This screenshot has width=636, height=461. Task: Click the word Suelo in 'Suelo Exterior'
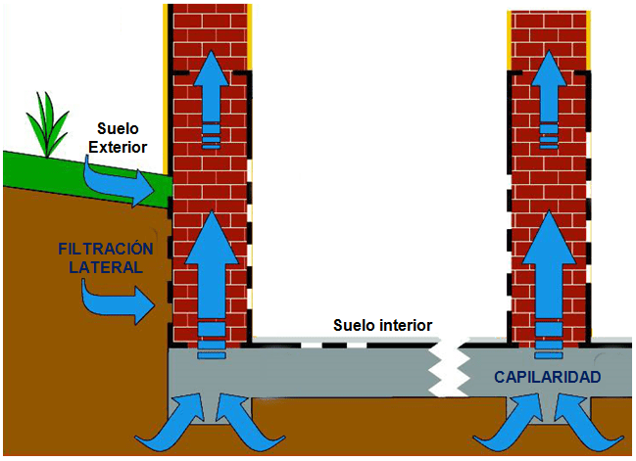(x=118, y=129)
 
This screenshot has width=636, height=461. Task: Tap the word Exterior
(x=118, y=147)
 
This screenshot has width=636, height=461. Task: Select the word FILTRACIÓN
(x=106, y=249)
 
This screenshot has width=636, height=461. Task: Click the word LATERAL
(x=106, y=267)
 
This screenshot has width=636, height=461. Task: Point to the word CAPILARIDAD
(x=547, y=377)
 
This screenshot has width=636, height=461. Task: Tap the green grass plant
(x=47, y=125)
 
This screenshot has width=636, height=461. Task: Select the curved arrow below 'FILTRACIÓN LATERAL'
(x=118, y=303)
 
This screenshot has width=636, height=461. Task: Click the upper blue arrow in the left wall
(x=212, y=99)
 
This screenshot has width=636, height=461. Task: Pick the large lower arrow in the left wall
(x=212, y=284)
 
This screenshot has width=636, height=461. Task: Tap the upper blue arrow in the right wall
(x=549, y=99)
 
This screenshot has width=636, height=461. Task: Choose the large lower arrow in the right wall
(x=549, y=284)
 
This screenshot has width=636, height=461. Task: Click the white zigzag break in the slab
(x=449, y=367)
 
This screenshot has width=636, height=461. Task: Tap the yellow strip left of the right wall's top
(x=509, y=40)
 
